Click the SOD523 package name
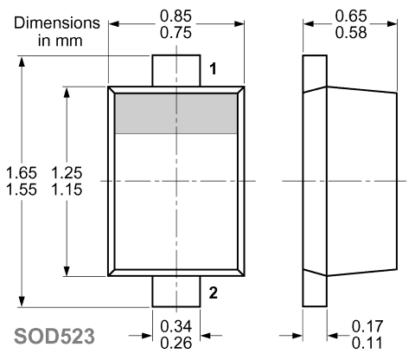(54, 337)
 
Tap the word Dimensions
(57, 23)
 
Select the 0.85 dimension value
(176, 16)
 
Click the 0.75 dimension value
(176, 33)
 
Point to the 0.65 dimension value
(351, 16)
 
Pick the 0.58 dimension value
(351, 33)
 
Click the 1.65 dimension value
(22, 173)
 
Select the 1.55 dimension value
(22, 190)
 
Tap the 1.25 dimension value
(67, 173)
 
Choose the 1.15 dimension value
(67, 190)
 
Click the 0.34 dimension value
(176, 326)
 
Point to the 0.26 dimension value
(176, 344)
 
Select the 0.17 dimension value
(367, 326)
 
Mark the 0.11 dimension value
(367, 344)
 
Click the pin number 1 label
(213, 69)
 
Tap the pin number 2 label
(213, 293)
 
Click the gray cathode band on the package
(176, 113)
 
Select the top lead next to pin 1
(176, 70)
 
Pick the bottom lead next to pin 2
(176, 292)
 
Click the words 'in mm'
(61, 41)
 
